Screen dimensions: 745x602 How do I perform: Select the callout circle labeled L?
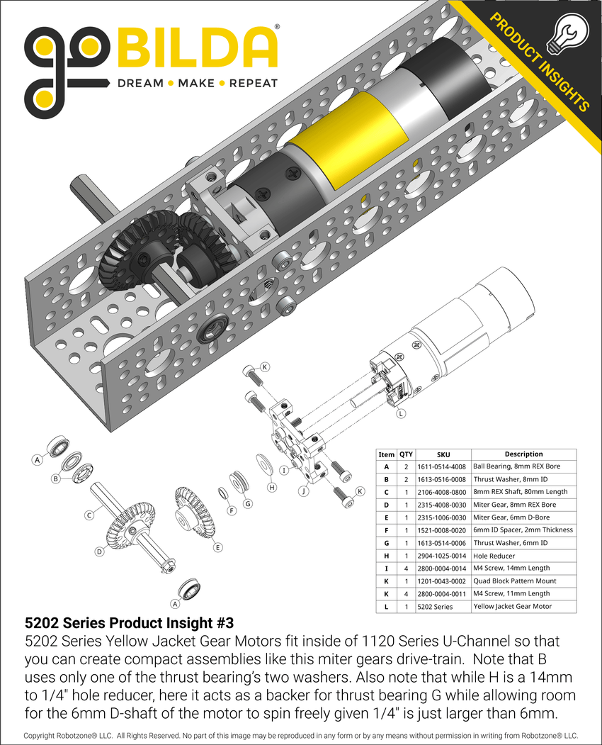401,413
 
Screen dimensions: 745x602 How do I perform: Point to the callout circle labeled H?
271,488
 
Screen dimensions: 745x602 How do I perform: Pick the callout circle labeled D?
100,551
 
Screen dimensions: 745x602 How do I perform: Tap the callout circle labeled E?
217,547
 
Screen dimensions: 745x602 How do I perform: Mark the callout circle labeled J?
304,490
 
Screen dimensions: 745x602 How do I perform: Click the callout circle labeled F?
231,510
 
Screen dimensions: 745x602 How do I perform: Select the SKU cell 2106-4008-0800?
442,492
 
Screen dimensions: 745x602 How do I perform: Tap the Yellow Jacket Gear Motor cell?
523,606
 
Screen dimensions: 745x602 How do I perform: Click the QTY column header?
406,454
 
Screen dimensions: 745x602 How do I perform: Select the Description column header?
523,454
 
